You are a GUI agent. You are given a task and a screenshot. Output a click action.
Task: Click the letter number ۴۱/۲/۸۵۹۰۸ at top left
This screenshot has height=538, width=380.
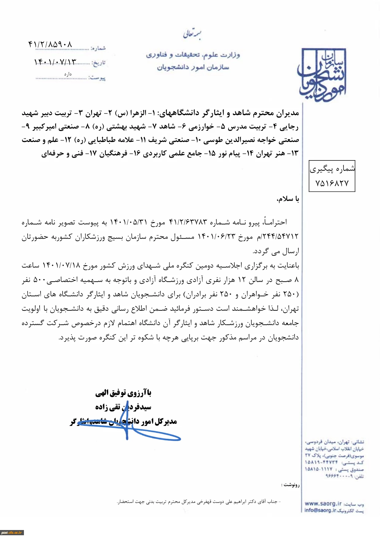50,45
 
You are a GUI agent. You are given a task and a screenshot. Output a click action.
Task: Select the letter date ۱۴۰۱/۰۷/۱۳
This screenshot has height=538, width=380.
55,62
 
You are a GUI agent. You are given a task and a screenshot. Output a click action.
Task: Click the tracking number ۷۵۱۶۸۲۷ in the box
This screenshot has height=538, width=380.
332,183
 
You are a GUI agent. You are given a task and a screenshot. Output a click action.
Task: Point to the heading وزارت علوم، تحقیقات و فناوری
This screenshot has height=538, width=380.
193,55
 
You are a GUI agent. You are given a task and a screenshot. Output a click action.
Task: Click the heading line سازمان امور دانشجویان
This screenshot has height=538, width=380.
193,67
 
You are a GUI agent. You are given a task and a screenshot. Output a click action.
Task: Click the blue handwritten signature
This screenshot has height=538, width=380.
132,428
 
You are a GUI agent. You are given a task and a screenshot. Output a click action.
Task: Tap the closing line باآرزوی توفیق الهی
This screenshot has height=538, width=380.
123,393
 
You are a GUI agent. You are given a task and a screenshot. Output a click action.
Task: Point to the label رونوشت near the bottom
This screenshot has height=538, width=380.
290,485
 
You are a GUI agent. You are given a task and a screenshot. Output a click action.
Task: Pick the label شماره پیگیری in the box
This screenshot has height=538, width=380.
332,169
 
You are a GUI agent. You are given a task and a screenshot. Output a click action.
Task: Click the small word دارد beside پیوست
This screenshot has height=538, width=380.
68,74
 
